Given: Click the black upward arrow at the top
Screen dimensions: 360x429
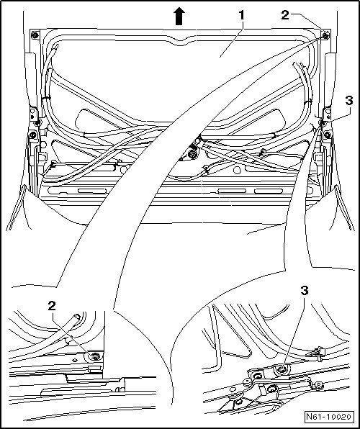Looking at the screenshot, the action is pyautogui.click(x=179, y=16).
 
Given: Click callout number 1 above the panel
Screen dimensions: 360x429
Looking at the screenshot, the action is pyautogui.click(x=241, y=15).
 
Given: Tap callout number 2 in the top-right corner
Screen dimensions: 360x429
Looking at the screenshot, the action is pyautogui.click(x=285, y=15).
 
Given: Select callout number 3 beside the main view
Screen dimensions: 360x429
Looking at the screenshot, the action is pyautogui.click(x=349, y=101).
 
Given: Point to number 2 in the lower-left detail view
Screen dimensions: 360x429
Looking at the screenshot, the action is pyautogui.click(x=52, y=306).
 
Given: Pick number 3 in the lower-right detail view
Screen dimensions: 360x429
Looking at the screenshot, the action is pyautogui.click(x=304, y=290).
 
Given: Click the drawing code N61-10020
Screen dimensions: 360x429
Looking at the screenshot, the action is pyautogui.click(x=328, y=417).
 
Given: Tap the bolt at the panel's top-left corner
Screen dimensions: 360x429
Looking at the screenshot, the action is pyautogui.click(x=35, y=35).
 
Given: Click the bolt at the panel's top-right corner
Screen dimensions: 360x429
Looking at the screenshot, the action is pyautogui.click(x=325, y=35).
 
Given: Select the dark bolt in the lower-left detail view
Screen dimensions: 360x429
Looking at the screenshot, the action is pyautogui.click(x=96, y=356).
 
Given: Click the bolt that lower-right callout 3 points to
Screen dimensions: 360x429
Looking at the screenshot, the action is pyautogui.click(x=281, y=370).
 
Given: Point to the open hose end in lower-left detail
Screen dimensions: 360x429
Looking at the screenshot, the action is pyautogui.click(x=78, y=317).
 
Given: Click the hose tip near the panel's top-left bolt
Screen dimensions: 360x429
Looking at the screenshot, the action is pyautogui.click(x=56, y=47).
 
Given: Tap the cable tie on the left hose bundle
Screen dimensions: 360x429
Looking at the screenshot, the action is pyautogui.click(x=46, y=97).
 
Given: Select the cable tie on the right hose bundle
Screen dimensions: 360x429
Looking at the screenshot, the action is pyautogui.click(x=307, y=102).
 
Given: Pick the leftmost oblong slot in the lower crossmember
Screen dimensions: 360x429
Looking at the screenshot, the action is pyautogui.click(x=92, y=191).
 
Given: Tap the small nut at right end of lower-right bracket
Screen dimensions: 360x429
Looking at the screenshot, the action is pyautogui.click(x=319, y=385).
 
